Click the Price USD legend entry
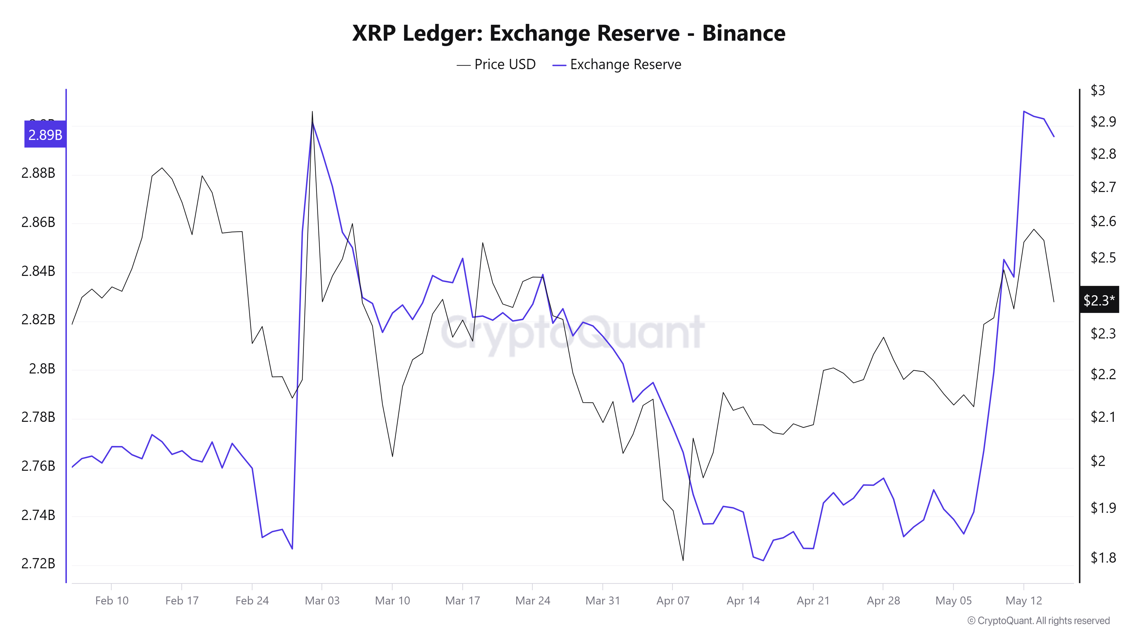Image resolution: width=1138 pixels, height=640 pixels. (496, 65)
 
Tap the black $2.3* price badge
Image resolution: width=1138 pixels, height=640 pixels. (1099, 300)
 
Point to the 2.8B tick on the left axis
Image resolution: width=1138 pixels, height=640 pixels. (42, 368)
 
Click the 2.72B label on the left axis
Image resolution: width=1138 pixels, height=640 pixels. (38, 563)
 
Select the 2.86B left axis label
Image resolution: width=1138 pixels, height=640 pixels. (38, 222)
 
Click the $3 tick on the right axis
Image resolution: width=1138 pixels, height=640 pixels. (1098, 90)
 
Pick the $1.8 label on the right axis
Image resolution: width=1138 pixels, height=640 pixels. (1103, 558)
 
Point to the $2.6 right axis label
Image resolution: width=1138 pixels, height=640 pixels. (1103, 221)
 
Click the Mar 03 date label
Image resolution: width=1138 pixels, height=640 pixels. (322, 601)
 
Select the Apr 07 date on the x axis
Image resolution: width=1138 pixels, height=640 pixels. (672, 601)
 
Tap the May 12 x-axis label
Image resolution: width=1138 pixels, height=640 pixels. (1023, 601)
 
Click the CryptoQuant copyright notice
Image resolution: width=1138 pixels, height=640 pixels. (1038, 621)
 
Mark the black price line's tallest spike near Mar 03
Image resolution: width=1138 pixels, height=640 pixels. (312, 112)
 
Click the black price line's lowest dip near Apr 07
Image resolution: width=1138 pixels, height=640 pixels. (683, 560)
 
